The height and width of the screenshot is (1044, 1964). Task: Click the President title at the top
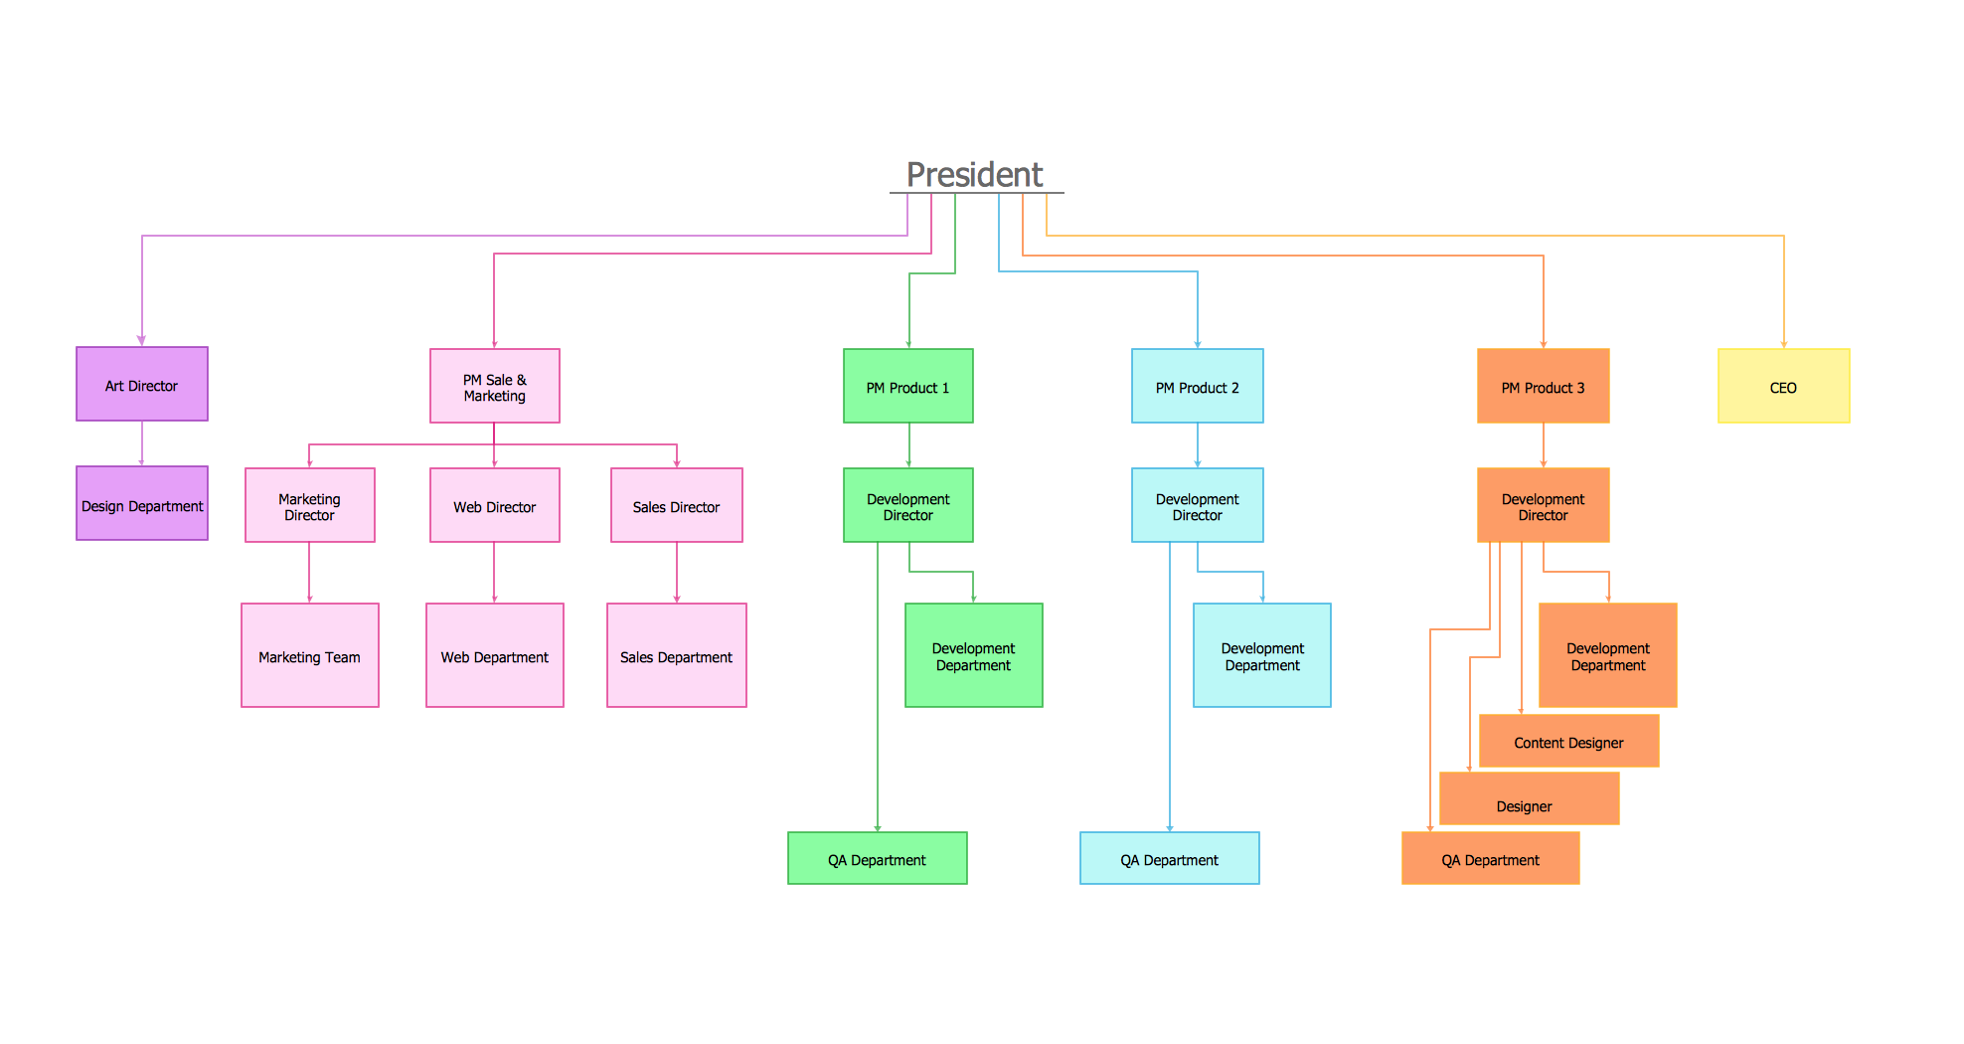point(975,175)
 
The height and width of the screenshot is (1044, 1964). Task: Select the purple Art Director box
point(142,385)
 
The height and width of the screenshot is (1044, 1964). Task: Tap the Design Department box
point(142,504)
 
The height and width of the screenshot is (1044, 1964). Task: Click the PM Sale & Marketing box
point(495,387)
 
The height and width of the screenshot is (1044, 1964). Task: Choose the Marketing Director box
point(310,506)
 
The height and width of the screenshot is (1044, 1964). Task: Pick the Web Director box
point(495,506)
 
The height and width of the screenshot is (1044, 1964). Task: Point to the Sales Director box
point(677,506)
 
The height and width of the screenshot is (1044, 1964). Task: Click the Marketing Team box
point(310,656)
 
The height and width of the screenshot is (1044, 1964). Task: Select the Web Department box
point(495,656)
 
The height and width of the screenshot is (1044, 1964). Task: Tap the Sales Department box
point(677,656)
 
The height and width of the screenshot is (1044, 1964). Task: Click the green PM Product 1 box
point(908,387)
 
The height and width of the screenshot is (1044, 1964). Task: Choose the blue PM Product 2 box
point(1198,387)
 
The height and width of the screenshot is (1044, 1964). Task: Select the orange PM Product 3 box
point(1544,387)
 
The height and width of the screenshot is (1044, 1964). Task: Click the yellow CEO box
point(1784,387)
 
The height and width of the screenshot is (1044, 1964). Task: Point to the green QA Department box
point(878,859)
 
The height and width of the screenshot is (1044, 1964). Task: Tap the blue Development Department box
point(1262,656)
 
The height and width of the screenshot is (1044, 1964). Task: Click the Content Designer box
point(1569,742)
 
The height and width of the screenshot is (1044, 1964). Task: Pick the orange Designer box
point(1530,800)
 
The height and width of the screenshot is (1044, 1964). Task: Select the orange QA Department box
point(1491,859)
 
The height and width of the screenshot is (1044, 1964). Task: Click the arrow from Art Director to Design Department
point(142,443)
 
